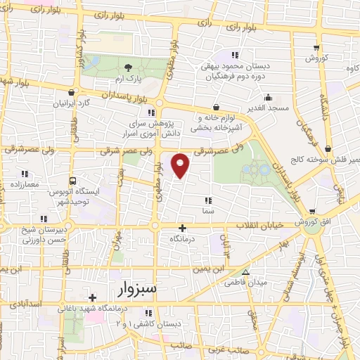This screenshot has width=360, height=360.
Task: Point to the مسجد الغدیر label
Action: (x=267, y=108)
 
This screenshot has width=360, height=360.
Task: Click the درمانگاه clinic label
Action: (x=182, y=238)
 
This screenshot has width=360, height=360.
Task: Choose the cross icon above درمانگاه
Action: (x=182, y=227)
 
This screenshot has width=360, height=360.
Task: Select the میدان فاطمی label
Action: (x=244, y=282)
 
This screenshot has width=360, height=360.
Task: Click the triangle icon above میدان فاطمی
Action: (x=245, y=272)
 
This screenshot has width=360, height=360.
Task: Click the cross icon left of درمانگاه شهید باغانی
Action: (x=92, y=297)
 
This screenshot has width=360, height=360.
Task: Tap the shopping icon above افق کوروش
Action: (x=312, y=211)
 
